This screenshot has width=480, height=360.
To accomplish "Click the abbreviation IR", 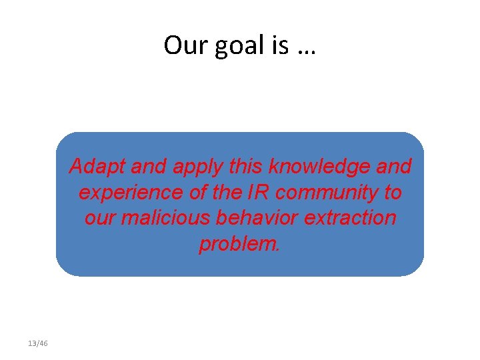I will [259, 193].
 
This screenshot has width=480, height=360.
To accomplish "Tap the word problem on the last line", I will [239, 245].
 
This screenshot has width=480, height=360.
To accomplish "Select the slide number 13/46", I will [38, 343].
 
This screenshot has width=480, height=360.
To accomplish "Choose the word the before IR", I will [222, 193].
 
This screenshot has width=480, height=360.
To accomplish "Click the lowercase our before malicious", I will [101, 218].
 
